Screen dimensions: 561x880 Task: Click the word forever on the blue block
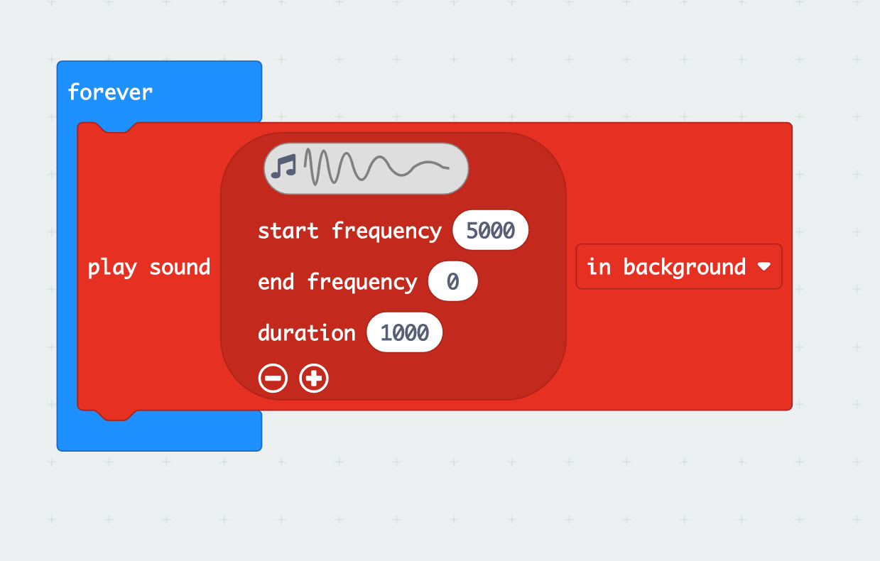(x=110, y=92)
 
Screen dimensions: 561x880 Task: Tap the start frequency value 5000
(x=490, y=231)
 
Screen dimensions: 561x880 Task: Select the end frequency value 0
(x=453, y=282)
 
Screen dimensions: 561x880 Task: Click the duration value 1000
(x=404, y=333)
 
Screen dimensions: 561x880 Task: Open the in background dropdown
(x=678, y=267)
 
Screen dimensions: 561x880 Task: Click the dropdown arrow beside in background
(x=764, y=267)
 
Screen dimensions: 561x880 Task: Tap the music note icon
(x=283, y=167)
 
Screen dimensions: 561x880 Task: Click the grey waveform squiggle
(x=376, y=167)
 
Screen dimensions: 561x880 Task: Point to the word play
(x=112, y=268)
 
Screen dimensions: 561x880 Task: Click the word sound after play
(x=180, y=268)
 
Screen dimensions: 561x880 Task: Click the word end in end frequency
(x=276, y=282)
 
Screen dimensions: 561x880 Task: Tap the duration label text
(x=306, y=333)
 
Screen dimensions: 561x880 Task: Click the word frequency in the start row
(x=386, y=231)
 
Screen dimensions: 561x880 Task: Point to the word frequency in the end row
(x=362, y=282)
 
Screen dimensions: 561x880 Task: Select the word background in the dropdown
(x=685, y=267)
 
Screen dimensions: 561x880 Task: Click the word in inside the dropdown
(x=599, y=267)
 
